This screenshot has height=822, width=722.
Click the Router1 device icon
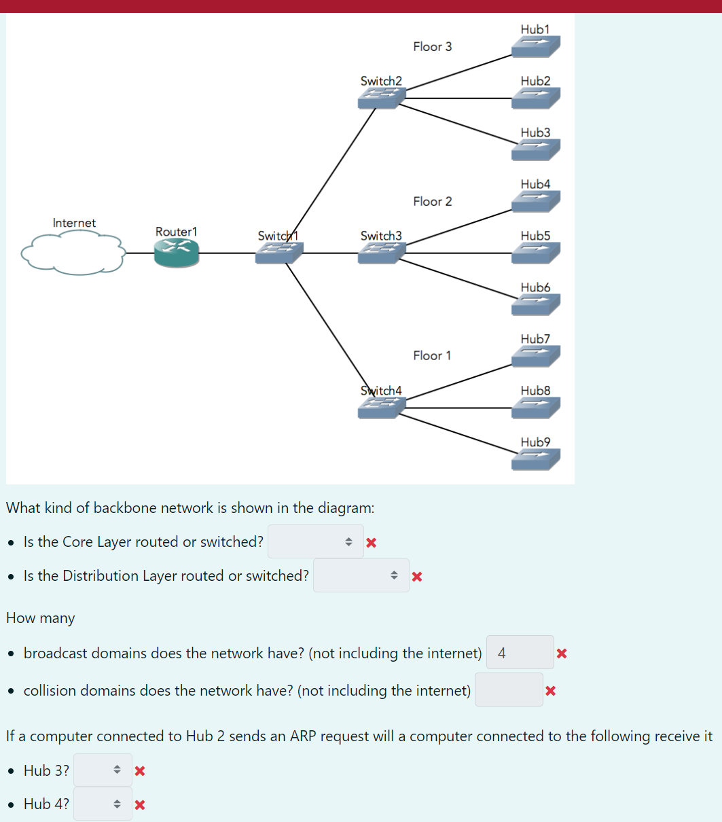(177, 253)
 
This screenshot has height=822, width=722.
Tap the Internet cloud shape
(73, 252)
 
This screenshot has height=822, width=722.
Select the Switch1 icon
(279, 253)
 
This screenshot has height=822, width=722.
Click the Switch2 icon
(382, 99)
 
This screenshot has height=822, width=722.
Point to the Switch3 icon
(382, 253)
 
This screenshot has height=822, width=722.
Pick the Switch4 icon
(382, 408)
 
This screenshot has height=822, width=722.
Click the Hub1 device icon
(536, 47)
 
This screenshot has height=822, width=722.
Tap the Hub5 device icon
(536, 253)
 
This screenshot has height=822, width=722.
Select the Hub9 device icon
(536, 459)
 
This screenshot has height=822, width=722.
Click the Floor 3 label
(433, 47)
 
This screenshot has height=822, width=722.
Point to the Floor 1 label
(432, 355)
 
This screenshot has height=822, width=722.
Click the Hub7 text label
(535, 339)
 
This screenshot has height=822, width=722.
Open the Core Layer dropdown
(316, 541)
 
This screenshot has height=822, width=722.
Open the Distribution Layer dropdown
(361, 575)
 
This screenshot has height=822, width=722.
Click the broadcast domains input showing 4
(520, 652)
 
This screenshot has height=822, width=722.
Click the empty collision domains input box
(509, 690)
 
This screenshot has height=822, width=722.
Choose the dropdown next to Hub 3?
(103, 770)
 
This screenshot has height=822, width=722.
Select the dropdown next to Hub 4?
(103, 804)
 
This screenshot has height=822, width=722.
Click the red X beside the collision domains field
(550, 690)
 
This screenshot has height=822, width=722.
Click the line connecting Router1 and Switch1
(227, 253)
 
